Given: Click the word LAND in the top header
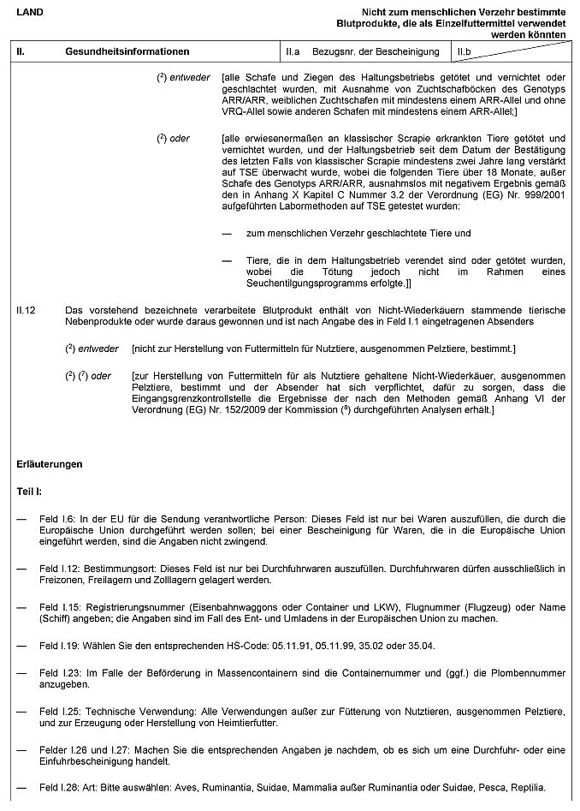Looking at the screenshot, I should pyautogui.click(x=30, y=12).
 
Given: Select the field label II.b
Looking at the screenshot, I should pyautogui.click(x=465, y=52).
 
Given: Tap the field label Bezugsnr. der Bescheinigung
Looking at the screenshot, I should pyautogui.click(x=376, y=52).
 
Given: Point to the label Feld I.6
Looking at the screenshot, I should pyautogui.click(x=56, y=519).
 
